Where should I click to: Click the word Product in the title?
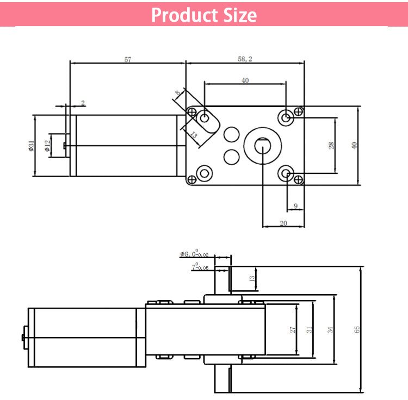(182, 15)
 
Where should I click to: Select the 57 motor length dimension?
(127, 60)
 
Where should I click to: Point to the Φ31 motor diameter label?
(32, 145)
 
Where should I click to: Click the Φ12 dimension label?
(47, 145)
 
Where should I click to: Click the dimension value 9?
(295, 206)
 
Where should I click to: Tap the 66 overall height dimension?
(357, 329)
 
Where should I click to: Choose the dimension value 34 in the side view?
(330, 329)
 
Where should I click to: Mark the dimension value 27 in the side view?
(292, 329)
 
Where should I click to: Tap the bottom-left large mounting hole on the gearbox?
(205, 174)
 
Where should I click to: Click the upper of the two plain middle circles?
(232, 134)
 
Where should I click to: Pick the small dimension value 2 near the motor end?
(83, 103)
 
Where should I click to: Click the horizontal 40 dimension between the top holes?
(245, 80)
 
